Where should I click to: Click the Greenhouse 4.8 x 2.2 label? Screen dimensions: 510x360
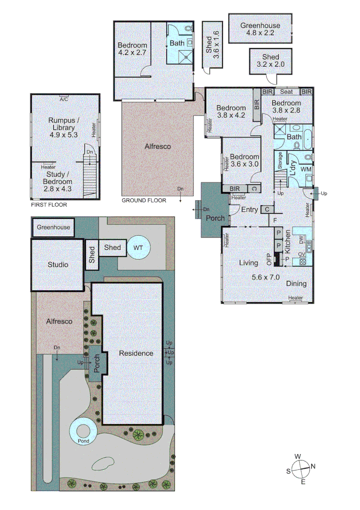coord(260,29)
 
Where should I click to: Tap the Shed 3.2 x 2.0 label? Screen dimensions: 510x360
coord(268,60)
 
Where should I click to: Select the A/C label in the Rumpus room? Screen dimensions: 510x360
coord(64,99)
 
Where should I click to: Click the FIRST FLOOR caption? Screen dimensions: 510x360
coord(49,205)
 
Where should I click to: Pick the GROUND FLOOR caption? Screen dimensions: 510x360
coord(144,200)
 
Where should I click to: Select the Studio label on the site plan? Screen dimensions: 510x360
coord(58,264)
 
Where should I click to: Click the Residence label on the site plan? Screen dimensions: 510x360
coord(136,353)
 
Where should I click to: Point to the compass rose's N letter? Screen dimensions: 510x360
coord(313,467)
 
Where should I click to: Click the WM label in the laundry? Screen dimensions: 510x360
coord(305,169)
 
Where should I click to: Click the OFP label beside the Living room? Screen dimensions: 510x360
coord(270,259)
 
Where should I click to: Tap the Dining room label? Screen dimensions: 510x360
coord(296,284)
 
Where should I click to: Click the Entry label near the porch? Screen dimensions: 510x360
coord(249,209)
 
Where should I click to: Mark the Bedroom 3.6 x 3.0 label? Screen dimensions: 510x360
coord(244,161)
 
